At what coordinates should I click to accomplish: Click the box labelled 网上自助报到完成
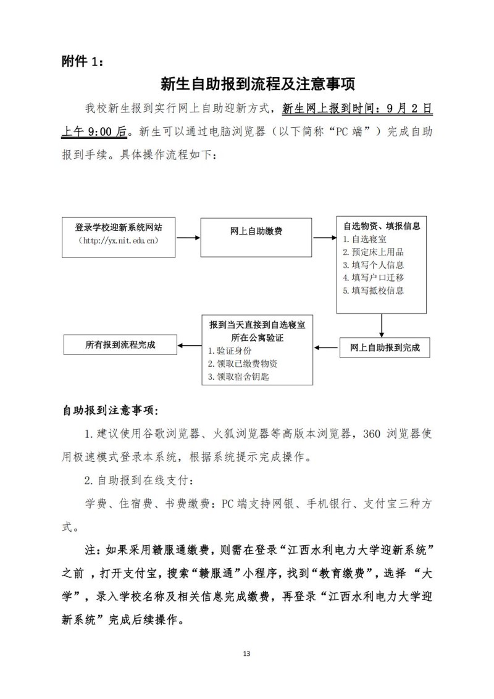click(x=385, y=348)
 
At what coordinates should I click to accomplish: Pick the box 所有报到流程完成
click(x=120, y=345)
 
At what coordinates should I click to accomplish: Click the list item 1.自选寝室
click(x=366, y=238)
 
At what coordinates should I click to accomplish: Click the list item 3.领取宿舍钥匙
click(x=238, y=376)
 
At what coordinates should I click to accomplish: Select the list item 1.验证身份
click(x=229, y=350)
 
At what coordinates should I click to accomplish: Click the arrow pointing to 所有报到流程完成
click(x=188, y=345)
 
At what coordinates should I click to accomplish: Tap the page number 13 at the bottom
click(x=246, y=653)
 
